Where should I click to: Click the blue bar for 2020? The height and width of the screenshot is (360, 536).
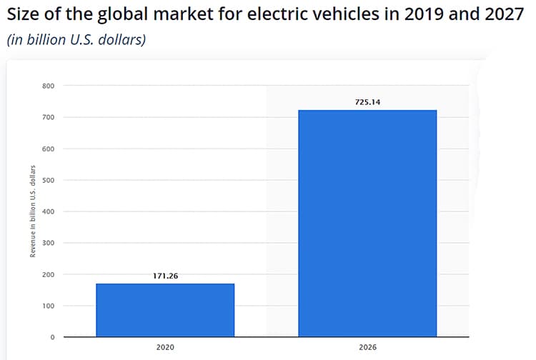click(x=165, y=310)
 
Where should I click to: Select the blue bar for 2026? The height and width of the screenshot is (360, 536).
click(x=367, y=223)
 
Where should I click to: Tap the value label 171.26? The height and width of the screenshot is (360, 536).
click(x=165, y=276)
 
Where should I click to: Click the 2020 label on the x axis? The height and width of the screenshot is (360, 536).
click(x=165, y=349)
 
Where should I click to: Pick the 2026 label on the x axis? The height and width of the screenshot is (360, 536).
click(x=367, y=349)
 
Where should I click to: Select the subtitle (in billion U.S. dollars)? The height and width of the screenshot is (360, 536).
click(x=76, y=40)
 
